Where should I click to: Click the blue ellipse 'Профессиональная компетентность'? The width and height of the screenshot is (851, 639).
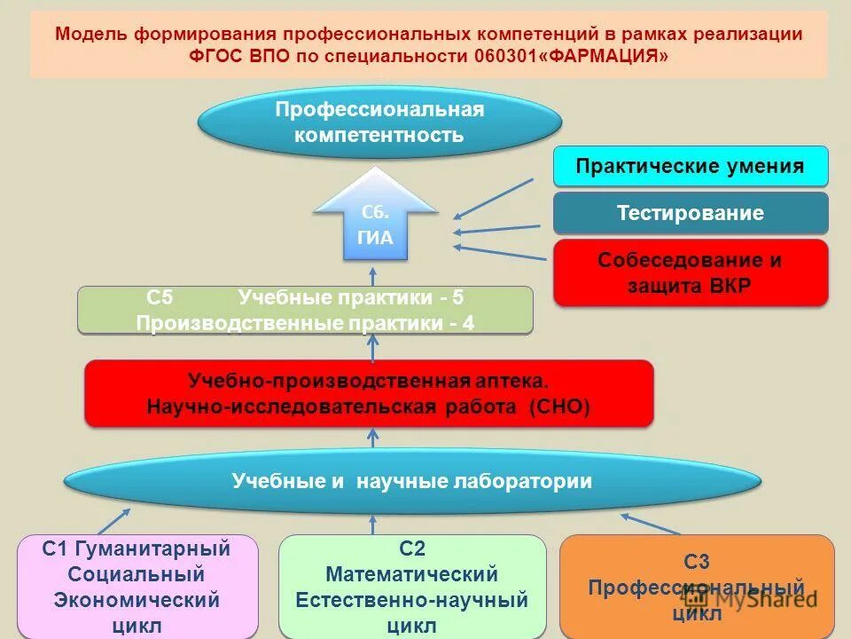point(379,122)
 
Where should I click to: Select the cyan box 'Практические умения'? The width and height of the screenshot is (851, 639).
point(691,167)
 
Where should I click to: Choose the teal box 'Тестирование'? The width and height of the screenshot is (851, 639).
point(691,213)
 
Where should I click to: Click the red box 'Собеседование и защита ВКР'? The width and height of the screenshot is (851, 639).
point(691,272)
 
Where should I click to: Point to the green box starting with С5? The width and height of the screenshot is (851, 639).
point(306,310)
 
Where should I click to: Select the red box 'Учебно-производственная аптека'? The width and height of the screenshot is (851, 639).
point(369,393)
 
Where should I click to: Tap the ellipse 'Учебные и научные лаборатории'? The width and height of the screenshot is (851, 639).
point(412,482)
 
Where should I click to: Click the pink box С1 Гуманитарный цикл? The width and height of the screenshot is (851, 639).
point(137,585)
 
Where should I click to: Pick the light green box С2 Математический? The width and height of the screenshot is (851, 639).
point(412,585)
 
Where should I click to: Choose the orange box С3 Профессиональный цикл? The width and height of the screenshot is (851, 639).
point(697,585)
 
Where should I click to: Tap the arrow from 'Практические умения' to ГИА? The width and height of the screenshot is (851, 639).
point(493,197)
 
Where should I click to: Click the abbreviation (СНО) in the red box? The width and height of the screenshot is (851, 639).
point(558,406)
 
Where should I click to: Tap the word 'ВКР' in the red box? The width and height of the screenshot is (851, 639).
point(726,286)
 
